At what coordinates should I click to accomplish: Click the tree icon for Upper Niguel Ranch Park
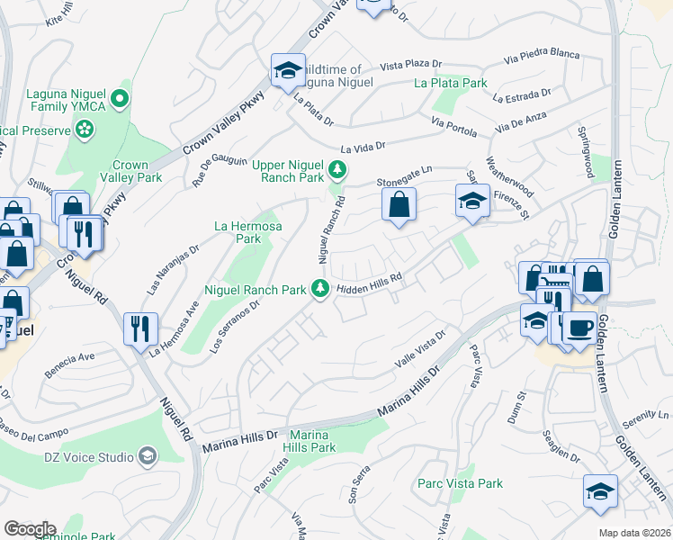(x=337, y=169)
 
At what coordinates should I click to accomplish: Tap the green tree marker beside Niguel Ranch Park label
(x=319, y=288)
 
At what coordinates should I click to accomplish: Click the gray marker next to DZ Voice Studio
(x=147, y=457)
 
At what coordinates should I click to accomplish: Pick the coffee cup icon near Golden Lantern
(x=579, y=326)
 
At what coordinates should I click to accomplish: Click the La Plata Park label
(x=450, y=83)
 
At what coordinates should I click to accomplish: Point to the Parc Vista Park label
(x=460, y=483)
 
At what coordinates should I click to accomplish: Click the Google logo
(x=29, y=528)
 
